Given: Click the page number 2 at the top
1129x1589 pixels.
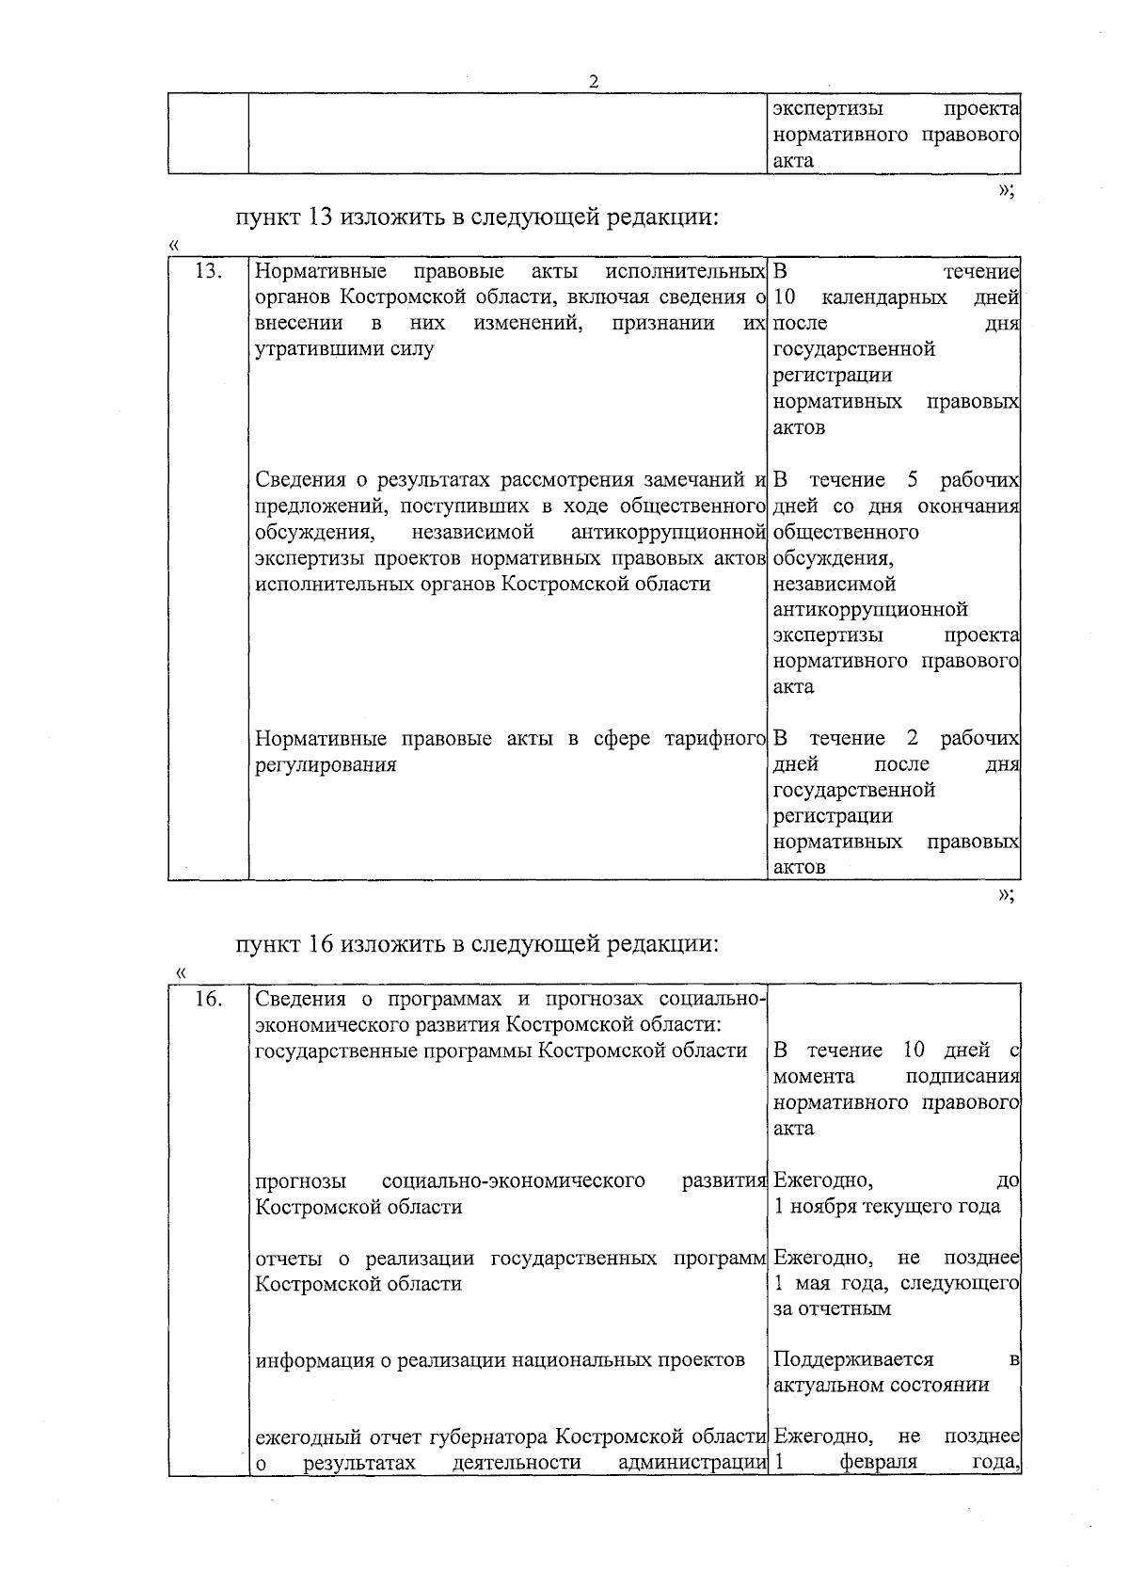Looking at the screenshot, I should (594, 81).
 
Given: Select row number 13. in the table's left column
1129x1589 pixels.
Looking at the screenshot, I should (207, 272).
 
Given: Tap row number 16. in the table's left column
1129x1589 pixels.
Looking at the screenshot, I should (207, 999).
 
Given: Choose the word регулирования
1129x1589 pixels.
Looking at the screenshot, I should (326, 764).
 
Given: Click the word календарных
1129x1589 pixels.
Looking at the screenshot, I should (884, 298).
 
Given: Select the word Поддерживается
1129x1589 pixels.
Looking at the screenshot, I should (853, 1359).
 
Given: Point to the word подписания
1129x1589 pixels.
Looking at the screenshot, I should (962, 1076).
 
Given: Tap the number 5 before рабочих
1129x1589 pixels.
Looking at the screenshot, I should (913, 480).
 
